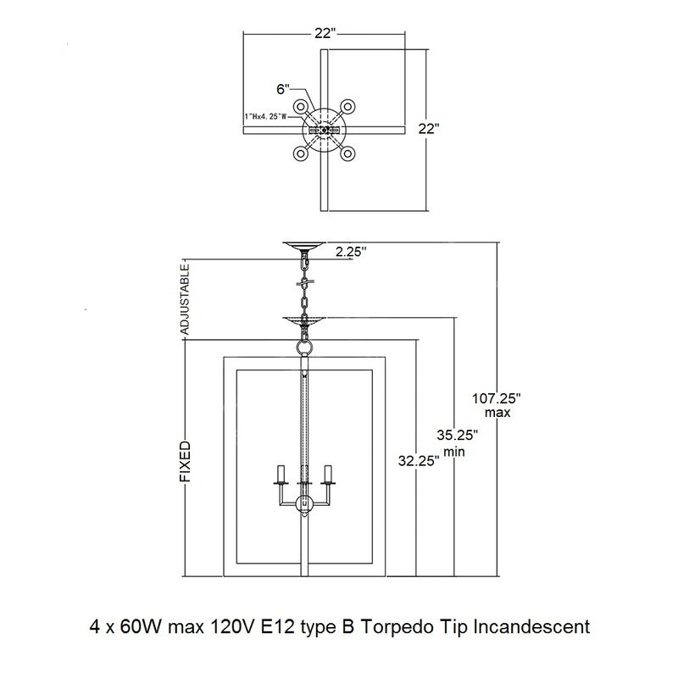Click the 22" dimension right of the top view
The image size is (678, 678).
coord(429,129)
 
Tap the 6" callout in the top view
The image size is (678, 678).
coord(283,90)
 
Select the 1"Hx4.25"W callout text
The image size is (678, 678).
coord(265,116)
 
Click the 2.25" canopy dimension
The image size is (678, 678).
coord(351,252)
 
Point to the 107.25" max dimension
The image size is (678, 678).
coord(497,405)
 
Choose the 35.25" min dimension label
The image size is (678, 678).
coord(457,442)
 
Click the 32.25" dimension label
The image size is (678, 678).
coord(419,461)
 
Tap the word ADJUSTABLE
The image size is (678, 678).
coord(185,300)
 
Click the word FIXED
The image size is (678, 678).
coord(185,462)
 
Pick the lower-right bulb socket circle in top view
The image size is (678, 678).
coord(347,153)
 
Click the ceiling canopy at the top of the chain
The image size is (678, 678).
coord(304,247)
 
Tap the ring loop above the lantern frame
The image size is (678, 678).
coord(304,347)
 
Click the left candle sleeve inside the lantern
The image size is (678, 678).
coord(282,474)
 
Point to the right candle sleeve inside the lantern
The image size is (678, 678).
coord(328,474)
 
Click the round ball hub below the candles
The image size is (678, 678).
coord(304,504)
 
